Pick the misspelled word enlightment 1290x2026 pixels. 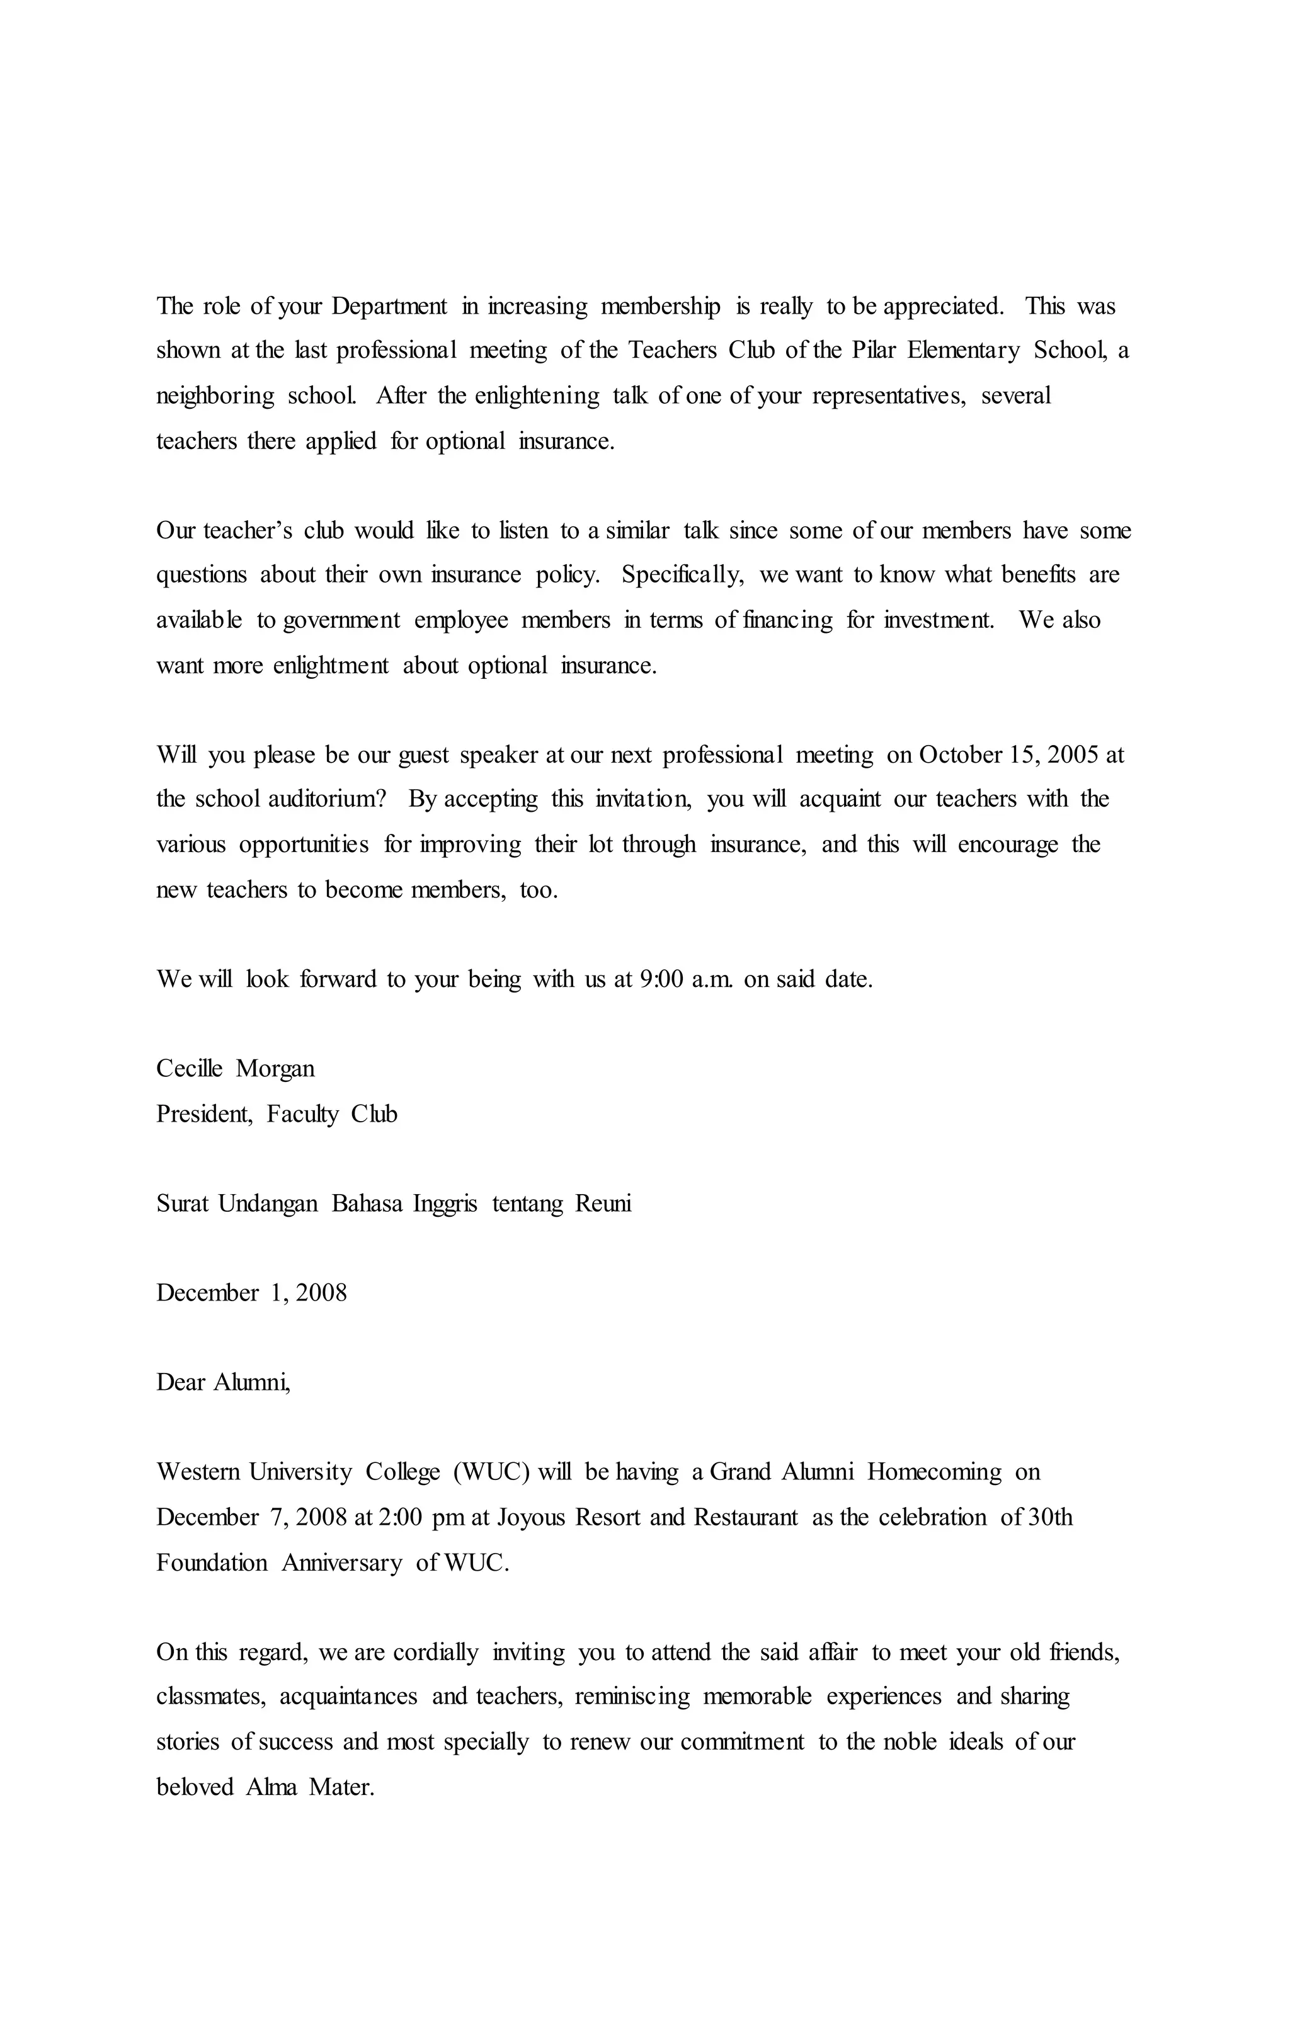[x=331, y=666]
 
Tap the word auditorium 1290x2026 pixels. [x=326, y=799]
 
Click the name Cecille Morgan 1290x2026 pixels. [x=236, y=1069]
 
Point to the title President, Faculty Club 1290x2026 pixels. [x=277, y=1114]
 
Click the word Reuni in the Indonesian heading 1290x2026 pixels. [x=603, y=1204]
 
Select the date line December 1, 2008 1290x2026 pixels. [x=251, y=1293]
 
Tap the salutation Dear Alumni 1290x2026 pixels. [x=223, y=1382]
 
